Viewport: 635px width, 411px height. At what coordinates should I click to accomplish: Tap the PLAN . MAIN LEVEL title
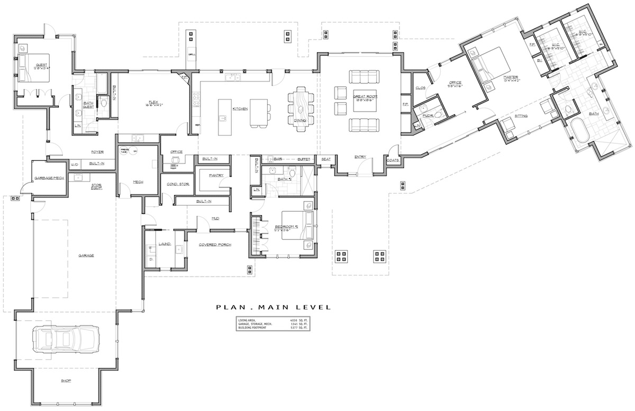coord(273,307)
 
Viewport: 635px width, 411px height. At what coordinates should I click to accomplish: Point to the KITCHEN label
coord(240,108)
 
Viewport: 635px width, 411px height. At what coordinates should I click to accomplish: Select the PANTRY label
coord(216,175)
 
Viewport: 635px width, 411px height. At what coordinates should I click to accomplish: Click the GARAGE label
coord(86,255)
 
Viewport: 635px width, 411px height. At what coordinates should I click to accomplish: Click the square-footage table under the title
coord(273,324)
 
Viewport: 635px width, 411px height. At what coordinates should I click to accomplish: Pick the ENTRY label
coord(360,157)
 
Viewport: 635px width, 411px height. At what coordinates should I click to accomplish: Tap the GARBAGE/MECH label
coord(49,178)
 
